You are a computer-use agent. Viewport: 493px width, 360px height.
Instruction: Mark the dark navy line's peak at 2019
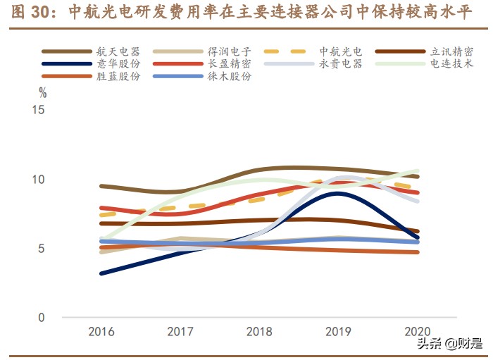(x=339, y=193)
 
